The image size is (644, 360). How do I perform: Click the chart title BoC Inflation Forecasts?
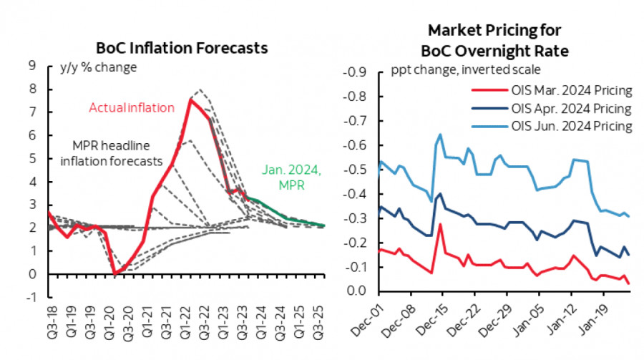click(182, 48)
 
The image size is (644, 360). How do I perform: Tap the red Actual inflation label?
click(131, 108)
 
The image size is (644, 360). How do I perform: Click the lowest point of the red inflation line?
click(115, 273)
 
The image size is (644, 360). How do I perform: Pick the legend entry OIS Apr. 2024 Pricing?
click(553, 109)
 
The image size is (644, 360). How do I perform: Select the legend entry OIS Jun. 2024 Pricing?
click(553, 126)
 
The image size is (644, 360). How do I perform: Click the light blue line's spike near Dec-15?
click(440, 134)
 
